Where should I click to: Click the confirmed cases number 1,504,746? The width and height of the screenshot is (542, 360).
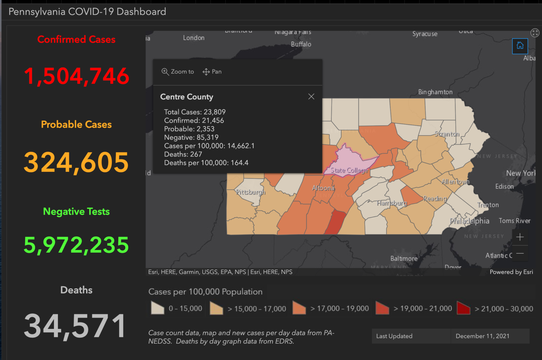[x=76, y=76]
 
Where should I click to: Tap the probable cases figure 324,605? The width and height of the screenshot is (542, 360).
[x=76, y=162]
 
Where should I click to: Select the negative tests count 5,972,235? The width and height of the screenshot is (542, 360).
[x=76, y=245]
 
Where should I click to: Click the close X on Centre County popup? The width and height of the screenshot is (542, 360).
[x=311, y=97]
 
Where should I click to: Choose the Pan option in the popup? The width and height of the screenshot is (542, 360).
[x=212, y=72]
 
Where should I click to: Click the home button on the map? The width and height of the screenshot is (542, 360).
[x=520, y=46]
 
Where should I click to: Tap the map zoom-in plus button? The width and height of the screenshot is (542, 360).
[x=520, y=237]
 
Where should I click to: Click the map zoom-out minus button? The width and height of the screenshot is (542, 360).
[x=520, y=254]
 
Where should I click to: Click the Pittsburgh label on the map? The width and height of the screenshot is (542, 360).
[x=251, y=192]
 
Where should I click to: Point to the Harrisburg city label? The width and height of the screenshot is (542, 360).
[x=392, y=203]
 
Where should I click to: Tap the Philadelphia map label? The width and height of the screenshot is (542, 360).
[x=469, y=221]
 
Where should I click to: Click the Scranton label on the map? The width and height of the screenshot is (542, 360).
[x=447, y=134]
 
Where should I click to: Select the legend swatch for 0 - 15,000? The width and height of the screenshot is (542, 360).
[x=158, y=308]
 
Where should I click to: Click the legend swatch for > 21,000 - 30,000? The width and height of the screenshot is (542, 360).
[x=463, y=308]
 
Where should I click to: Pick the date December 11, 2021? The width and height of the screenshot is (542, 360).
[x=482, y=336]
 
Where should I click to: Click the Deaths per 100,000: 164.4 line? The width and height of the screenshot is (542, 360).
[x=206, y=163]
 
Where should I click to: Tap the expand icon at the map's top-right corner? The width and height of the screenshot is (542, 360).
[x=535, y=33]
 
